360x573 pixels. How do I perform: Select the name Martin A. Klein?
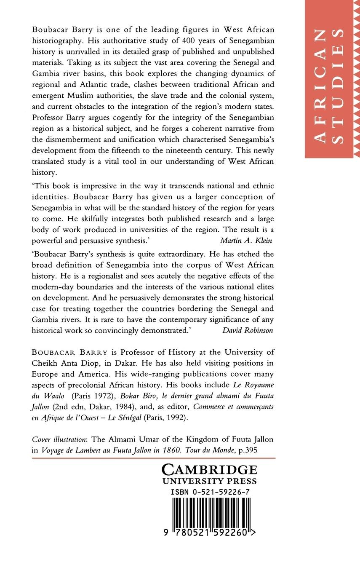coord(246,241)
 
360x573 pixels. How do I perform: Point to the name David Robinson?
coord(248,330)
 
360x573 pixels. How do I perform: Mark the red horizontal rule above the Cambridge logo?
coord(154,458)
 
